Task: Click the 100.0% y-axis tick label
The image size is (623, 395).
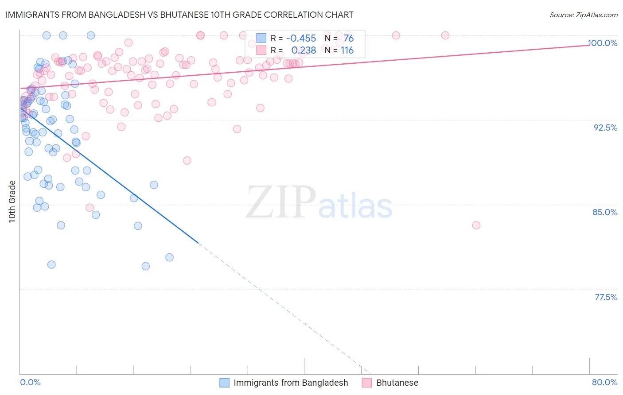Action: click(602, 43)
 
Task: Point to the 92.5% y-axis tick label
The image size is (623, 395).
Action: click(605, 128)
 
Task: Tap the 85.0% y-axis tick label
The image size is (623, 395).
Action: click(605, 212)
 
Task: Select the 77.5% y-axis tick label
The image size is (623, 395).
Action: click(606, 297)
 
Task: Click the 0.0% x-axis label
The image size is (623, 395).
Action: click(30, 382)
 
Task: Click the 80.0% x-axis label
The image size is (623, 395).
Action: click(604, 382)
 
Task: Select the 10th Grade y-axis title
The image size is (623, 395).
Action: click(12, 201)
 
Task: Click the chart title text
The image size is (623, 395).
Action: click(179, 15)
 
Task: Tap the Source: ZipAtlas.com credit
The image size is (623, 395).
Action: click(583, 15)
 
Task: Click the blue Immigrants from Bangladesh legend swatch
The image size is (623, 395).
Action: click(225, 383)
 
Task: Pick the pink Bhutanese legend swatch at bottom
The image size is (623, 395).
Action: click(367, 383)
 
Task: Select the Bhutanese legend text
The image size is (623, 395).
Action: click(397, 383)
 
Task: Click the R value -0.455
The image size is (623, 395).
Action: click(301, 39)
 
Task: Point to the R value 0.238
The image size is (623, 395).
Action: click(303, 50)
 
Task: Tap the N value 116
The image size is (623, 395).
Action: click(347, 50)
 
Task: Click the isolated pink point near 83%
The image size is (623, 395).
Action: click(476, 225)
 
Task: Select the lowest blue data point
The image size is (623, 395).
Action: click(145, 266)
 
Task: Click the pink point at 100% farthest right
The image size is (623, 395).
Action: click(445, 35)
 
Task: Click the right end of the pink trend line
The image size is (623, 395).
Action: click(589, 45)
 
